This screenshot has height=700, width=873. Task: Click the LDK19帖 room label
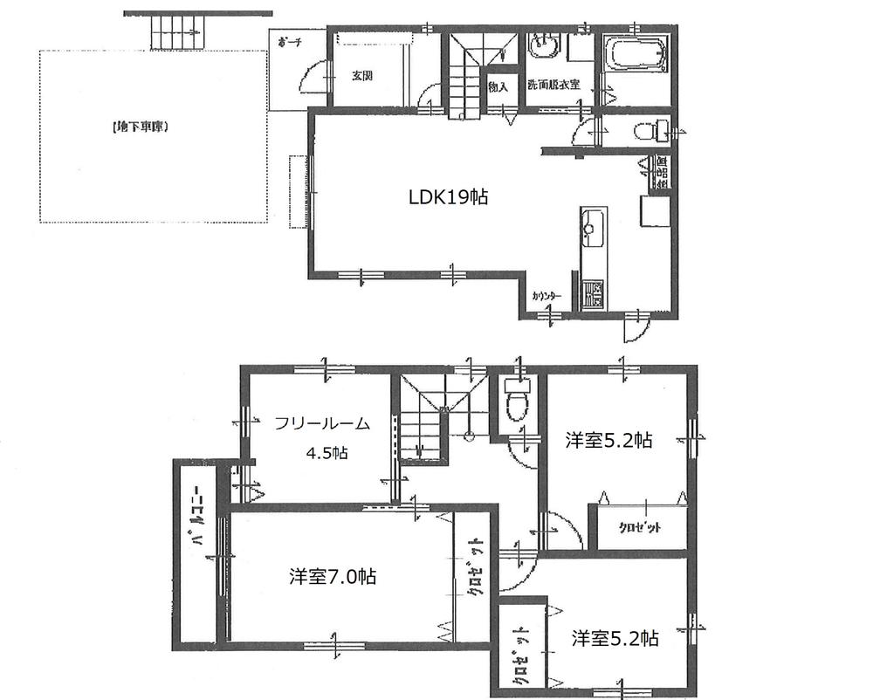[448, 197]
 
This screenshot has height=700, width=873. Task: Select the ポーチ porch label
[289, 44]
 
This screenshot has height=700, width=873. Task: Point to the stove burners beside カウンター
[594, 293]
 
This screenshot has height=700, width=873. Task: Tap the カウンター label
[546, 296]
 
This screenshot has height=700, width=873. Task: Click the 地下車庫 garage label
[140, 127]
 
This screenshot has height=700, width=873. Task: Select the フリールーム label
[322, 424]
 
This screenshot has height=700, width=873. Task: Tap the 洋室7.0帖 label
[333, 577]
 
